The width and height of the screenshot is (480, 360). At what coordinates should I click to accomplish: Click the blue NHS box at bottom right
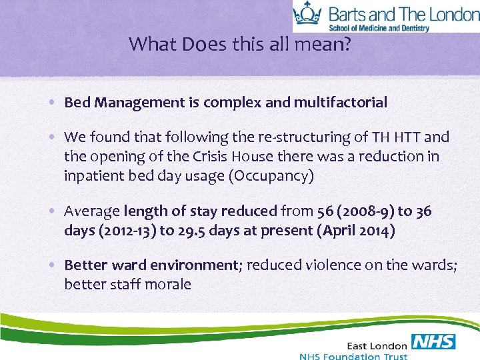tap(433, 342)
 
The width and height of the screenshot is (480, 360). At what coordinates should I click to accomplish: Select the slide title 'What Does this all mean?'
tap(240, 45)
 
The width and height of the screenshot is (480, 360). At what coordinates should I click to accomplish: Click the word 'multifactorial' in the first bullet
tap(344, 103)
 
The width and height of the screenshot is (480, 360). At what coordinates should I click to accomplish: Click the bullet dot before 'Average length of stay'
tap(55, 212)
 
